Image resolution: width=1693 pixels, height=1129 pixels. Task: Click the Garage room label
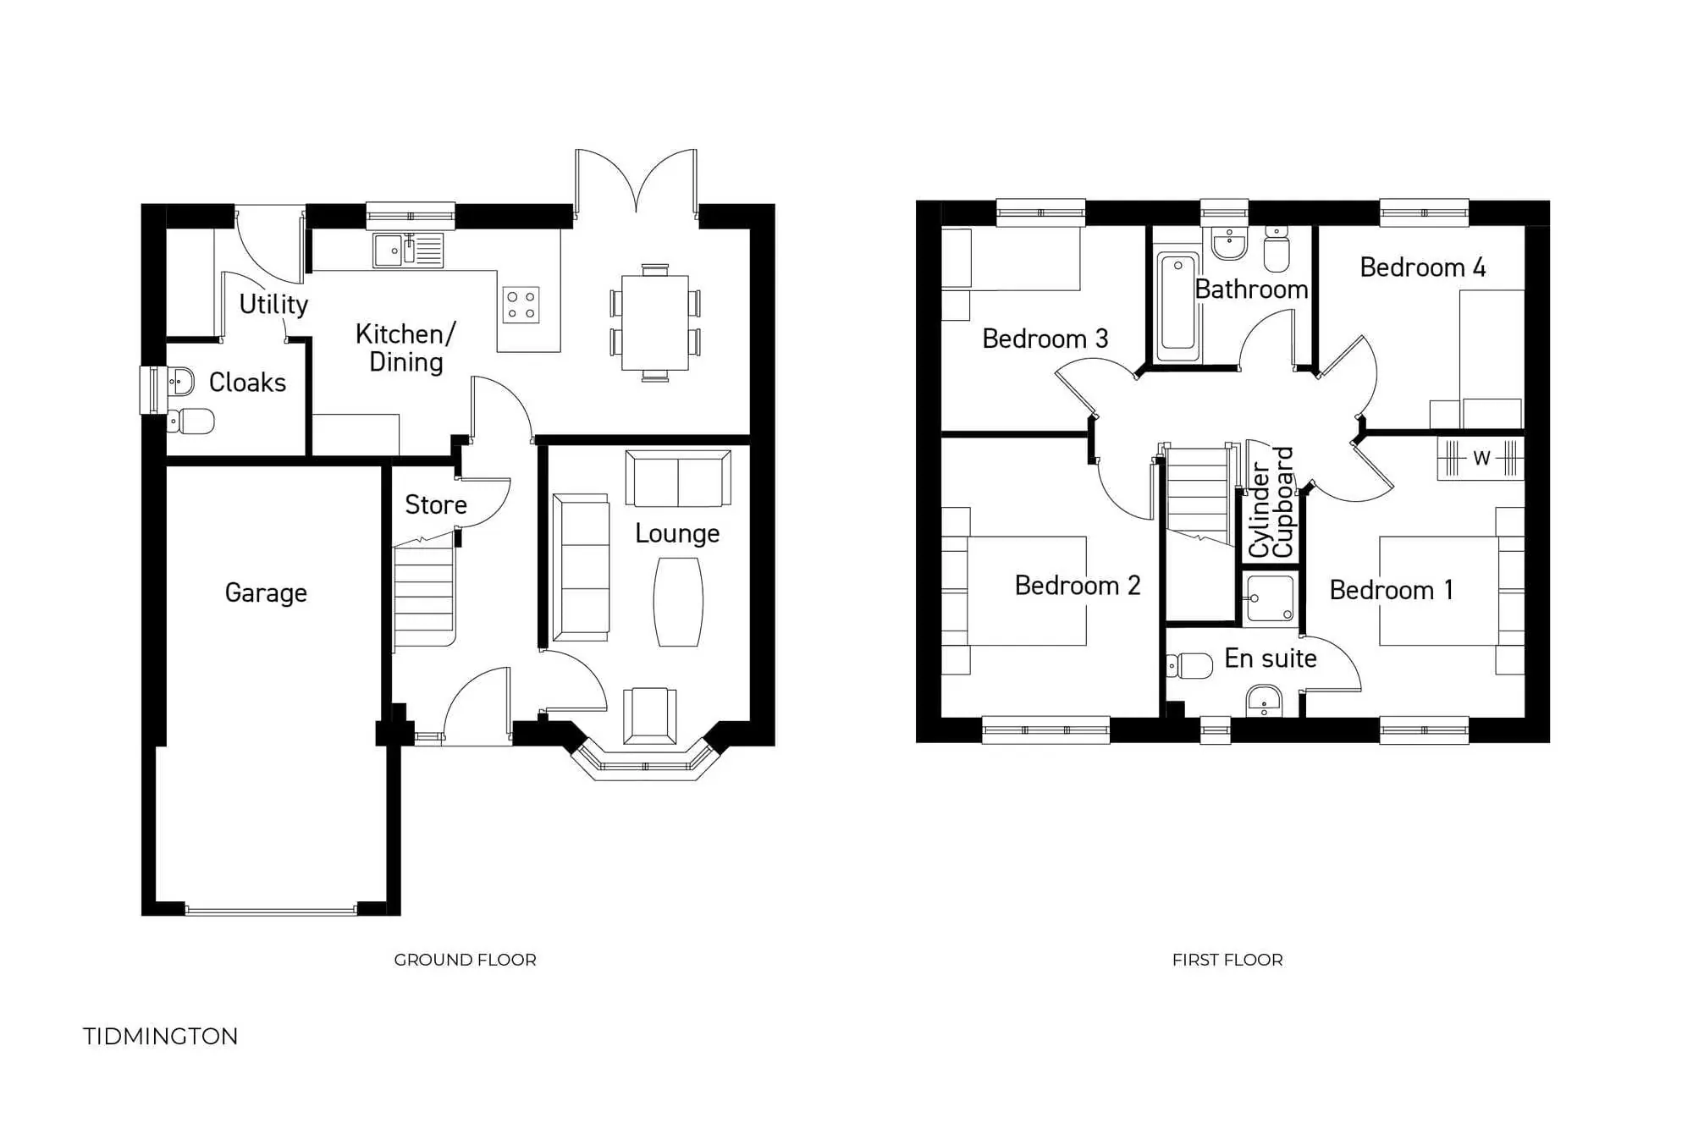(x=266, y=592)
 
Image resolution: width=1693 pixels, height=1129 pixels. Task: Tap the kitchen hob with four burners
(x=521, y=306)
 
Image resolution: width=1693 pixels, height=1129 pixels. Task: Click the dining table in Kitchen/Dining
(x=654, y=322)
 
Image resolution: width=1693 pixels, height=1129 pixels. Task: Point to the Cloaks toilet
(x=191, y=421)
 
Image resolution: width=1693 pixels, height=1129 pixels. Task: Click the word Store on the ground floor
(x=436, y=504)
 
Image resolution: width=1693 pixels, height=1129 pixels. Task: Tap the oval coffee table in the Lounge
(x=678, y=602)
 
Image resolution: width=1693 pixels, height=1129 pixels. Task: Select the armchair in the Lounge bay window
(x=649, y=716)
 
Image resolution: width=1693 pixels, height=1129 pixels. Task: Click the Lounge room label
(x=677, y=533)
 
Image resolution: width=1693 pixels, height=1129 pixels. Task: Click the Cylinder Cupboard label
(x=1271, y=502)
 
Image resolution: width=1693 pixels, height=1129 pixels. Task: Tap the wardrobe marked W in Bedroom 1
(x=1481, y=459)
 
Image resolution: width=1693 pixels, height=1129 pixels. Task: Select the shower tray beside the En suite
(x=1270, y=598)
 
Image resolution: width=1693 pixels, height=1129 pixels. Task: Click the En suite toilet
(x=1192, y=666)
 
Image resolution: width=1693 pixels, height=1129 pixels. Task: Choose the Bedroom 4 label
(x=1422, y=267)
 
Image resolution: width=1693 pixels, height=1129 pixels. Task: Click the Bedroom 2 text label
(x=1077, y=586)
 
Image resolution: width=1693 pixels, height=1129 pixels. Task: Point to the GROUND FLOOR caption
(x=465, y=960)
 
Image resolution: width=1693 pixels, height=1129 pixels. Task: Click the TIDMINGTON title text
(x=161, y=1037)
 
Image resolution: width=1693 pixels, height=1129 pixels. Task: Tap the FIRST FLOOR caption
(x=1227, y=960)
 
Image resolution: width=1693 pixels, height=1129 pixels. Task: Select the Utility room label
(x=273, y=304)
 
